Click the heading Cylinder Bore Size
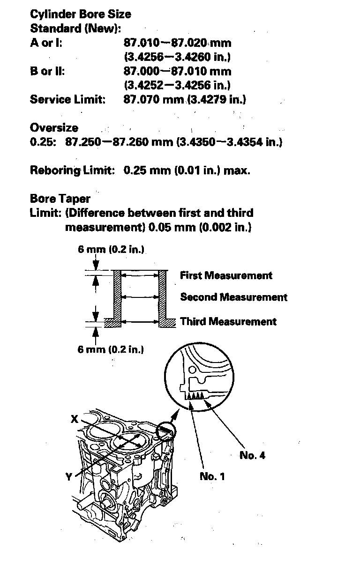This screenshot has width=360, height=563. [81, 15]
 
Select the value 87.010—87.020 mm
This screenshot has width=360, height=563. [177, 43]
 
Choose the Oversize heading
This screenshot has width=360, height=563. [54, 128]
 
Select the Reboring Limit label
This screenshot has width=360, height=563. [72, 170]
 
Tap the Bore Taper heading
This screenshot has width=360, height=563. [60, 199]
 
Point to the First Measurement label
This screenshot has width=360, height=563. [226, 275]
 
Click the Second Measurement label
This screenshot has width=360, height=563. [233, 297]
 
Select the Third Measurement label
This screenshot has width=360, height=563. [228, 321]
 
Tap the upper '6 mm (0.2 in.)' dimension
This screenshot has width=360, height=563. [111, 250]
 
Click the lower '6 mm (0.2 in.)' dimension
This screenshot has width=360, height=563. [111, 349]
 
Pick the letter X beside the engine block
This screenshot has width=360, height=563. [74, 420]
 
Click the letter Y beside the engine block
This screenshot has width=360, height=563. [70, 477]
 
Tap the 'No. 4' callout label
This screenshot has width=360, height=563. [252, 455]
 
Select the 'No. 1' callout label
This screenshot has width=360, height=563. [212, 476]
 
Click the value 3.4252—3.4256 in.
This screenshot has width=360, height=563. [177, 86]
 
